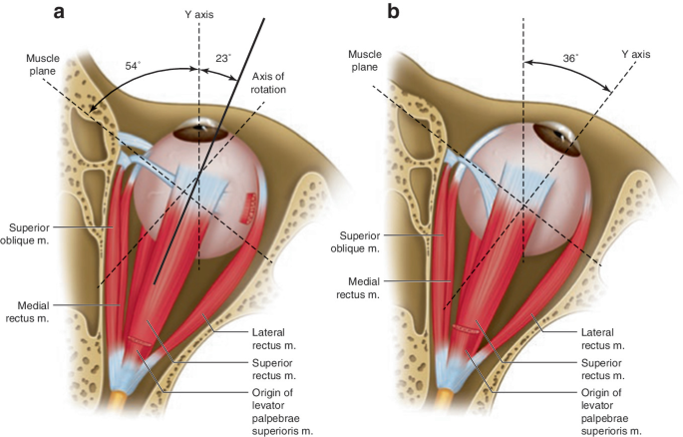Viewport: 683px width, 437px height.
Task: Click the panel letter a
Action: [x=59, y=12]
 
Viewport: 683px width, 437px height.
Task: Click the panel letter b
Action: [x=393, y=11]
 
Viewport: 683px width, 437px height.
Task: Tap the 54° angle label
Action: [x=133, y=66]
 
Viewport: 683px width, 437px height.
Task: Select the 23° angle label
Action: [x=223, y=59]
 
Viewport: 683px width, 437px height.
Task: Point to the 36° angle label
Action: [x=570, y=58]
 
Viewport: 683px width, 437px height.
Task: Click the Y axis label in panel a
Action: [x=199, y=14]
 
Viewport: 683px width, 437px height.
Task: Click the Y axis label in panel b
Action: [x=635, y=55]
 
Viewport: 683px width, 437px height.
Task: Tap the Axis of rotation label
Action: [x=269, y=83]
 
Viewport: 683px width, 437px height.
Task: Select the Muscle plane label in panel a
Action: [x=43, y=65]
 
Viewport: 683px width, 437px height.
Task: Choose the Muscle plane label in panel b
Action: [x=365, y=61]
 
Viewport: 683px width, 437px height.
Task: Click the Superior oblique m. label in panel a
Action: [x=25, y=234]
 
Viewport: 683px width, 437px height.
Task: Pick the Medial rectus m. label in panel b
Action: [x=358, y=288]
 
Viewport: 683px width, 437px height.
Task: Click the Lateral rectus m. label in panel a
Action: [x=274, y=339]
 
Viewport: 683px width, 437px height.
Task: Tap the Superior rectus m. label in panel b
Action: [x=603, y=369]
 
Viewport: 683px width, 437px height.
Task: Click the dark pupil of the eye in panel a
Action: [x=200, y=128]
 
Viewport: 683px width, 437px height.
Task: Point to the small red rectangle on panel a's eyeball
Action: [x=249, y=209]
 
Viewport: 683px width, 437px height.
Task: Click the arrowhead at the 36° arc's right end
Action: [x=606, y=89]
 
